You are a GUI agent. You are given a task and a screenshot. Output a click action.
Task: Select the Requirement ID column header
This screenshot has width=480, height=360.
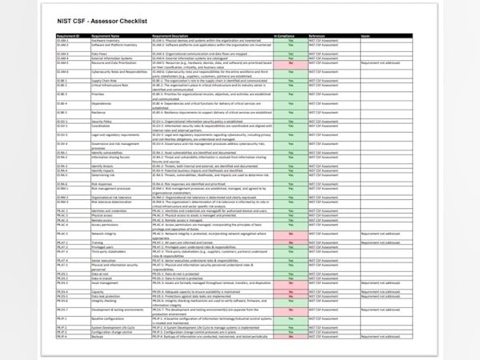pyautogui.click(x=68, y=36)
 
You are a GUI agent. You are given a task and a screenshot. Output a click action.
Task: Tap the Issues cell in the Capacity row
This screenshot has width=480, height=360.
pyautogui.click(x=381, y=292)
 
